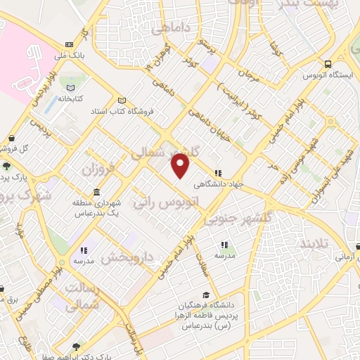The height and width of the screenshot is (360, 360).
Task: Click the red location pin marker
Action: coord(181,166)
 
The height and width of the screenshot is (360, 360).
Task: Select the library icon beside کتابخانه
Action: coord(70,89)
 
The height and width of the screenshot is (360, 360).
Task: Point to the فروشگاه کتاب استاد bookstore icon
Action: coord(123,101)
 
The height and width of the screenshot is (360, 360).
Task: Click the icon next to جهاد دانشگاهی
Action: coord(218,173)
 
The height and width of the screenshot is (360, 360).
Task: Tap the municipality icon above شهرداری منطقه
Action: coord(96,193)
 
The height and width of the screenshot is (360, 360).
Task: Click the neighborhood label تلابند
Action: coord(314,243)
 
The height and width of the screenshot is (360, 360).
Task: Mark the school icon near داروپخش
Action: coord(84,250)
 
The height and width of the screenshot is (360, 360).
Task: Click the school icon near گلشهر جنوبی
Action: coord(224,245)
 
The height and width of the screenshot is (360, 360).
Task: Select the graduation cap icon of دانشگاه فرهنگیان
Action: coord(205,295)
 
